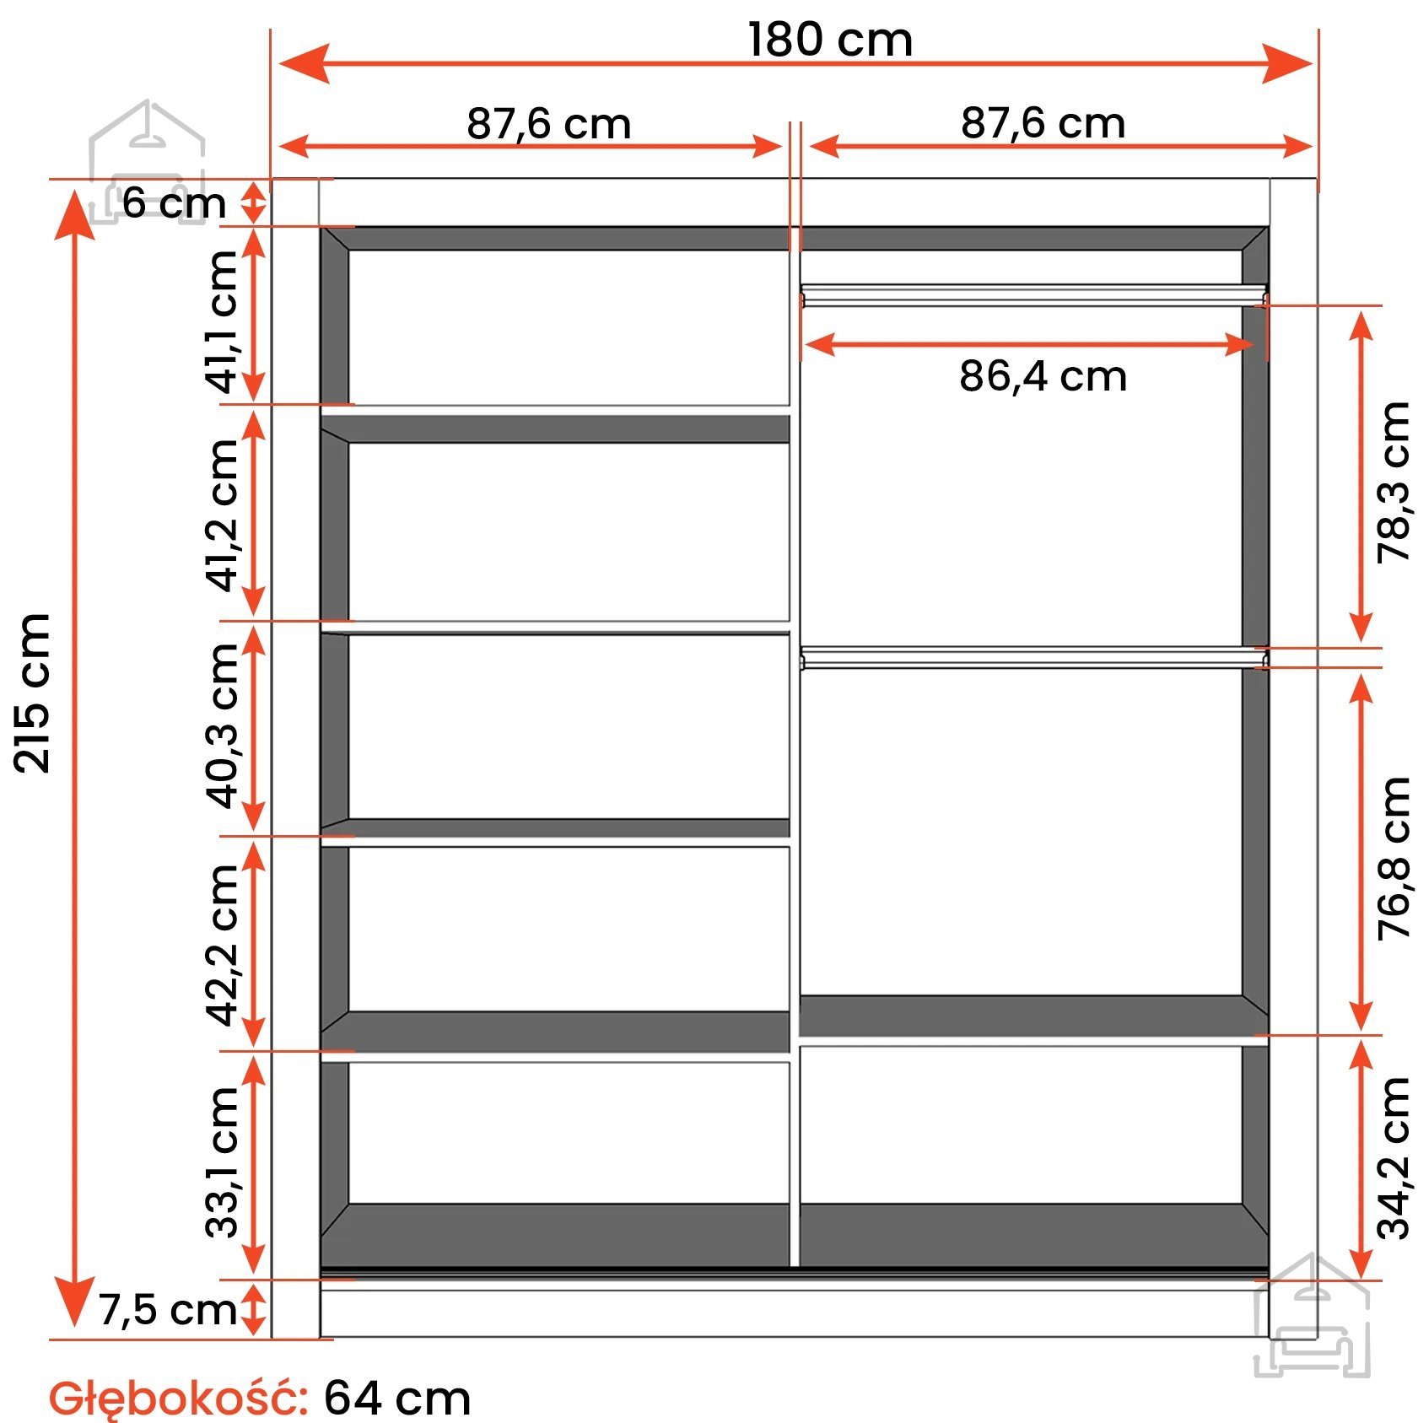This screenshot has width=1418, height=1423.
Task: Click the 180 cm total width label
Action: tap(830, 40)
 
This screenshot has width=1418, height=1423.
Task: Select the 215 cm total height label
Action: tap(33, 693)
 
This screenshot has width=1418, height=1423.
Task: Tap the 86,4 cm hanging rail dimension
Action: tap(1043, 376)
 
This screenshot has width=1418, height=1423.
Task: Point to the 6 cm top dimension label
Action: tap(174, 203)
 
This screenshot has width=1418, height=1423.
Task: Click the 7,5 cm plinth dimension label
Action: tap(167, 1310)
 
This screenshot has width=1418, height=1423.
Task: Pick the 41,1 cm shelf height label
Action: tap(223, 322)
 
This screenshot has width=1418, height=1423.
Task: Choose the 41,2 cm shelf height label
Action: tap(223, 515)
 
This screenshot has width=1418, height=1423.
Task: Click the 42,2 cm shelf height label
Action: tap(223, 945)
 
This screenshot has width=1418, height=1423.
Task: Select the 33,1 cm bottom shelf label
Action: tap(223, 1162)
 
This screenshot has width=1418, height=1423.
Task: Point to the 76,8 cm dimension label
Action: tap(1394, 859)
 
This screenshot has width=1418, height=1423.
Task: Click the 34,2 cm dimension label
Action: tap(1394, 1158)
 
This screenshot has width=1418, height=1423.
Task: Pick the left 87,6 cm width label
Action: tap(548, 124)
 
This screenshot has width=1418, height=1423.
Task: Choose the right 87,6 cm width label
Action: tap(1043, 123)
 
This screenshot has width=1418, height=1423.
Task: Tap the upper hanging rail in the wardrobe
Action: tap(1033, 295)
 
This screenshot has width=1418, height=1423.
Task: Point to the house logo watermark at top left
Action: tap(148, 160)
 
